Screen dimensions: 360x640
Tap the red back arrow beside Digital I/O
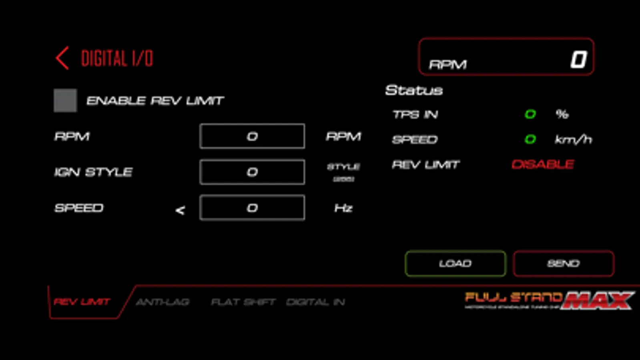[x=62, y=58]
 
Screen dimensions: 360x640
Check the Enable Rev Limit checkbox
[x=65, y=100]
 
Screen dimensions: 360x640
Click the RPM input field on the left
[x=252, y=136]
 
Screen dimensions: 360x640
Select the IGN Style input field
[x=252, y=172]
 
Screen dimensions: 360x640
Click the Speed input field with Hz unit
[x=252, y=208]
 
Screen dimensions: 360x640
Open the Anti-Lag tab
[x=163, y=302]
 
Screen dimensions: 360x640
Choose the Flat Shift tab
[x=243, y=302]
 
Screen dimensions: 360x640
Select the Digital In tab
[x=316, y=302]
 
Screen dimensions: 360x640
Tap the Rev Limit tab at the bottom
[x=82, y=302]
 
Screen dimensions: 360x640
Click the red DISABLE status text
[x=543, y=164]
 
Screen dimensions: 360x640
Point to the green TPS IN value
[x=530, y=114]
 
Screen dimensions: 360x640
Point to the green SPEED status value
[x=530, y=139]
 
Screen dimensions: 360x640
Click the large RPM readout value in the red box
[x=578, y=60]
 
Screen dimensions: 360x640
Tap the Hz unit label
[x=343, y=208]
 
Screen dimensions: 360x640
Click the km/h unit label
[x=573, y=139]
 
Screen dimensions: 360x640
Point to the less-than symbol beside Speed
[x=180, y=210]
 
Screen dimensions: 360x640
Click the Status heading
[x=414, y=90]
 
